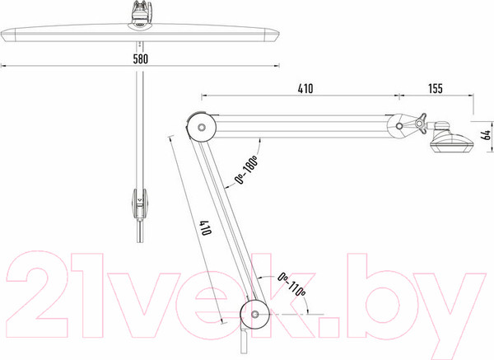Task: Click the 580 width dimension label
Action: point(140,58)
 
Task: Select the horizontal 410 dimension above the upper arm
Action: point(305,89)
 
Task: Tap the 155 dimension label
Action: point(436,89)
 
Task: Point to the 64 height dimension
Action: point(487,135)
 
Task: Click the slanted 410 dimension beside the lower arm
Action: point(205,228)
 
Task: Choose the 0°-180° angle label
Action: point(247,170)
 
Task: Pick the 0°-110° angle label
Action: point(291,285)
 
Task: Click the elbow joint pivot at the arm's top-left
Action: point(202,128)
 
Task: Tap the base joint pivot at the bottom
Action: point(255,315)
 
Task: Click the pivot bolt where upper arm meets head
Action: point(399,126)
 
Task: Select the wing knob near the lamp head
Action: point(421,123)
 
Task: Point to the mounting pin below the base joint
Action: point(245,341)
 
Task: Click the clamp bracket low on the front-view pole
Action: point(139,204)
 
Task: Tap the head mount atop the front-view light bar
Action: point(141,16)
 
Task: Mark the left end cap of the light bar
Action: point(8,35)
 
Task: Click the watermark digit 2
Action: point(37,295)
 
